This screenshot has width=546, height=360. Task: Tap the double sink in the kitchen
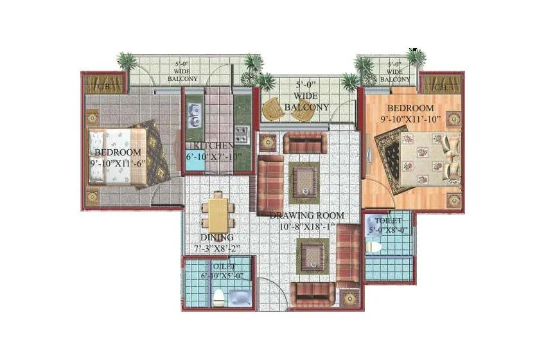click(x=193, y=114)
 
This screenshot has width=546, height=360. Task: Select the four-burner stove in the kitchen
click(x=242, y=134)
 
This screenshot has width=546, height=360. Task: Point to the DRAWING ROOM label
click(x=306, y=215)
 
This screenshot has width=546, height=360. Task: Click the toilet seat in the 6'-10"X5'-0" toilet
click(x=220, y=296)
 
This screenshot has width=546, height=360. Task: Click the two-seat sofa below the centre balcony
click(x=305, y=143)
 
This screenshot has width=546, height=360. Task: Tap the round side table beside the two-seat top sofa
click(x=269, y=141)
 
